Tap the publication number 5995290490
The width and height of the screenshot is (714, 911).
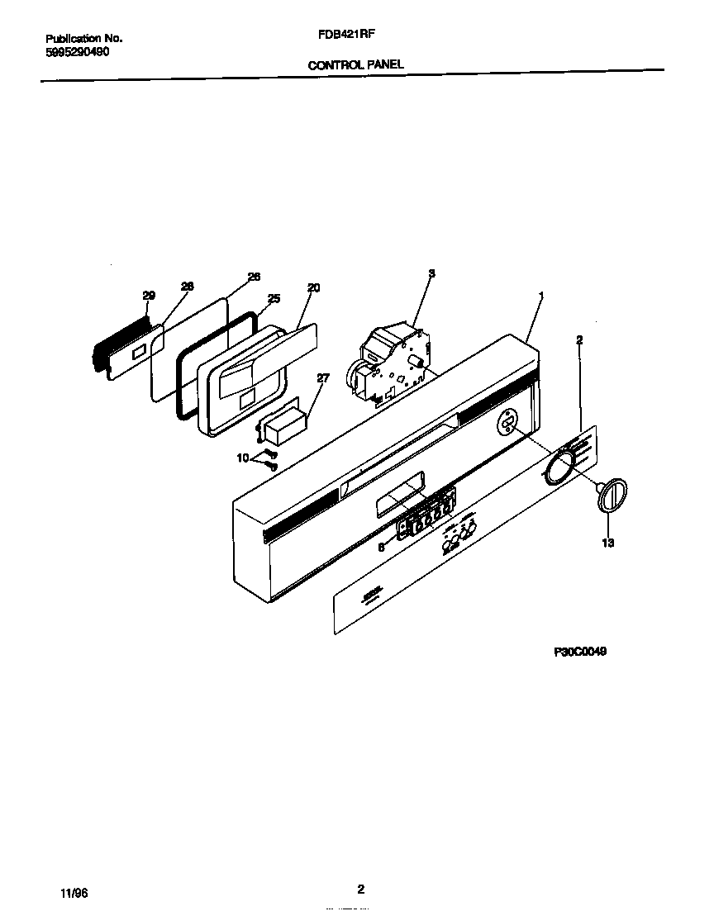[x=76, y=51]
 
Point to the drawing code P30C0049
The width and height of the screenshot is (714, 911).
[x=580, y=651]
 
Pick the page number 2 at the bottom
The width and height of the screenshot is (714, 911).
[x=360, y=890]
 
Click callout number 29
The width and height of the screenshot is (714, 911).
[x=149, y=296]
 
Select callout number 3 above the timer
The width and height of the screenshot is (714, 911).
[x=431, y=273]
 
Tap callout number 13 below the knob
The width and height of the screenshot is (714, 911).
[x=607, y=543]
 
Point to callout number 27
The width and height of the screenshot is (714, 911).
[x=322, y=378]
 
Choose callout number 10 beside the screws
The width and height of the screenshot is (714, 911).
[x=243, y=457]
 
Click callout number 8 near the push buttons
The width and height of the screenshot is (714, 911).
[x=381, y=546]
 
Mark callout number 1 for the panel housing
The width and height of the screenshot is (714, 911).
[x=541, y=296]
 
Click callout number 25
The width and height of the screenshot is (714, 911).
[x=274, y=298]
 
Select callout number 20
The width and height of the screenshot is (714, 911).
[x=313, y=287]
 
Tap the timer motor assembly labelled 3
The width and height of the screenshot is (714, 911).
[x=393, y=359]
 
